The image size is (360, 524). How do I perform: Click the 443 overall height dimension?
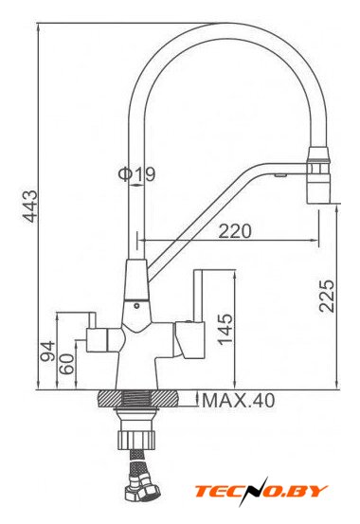tap(30, 206)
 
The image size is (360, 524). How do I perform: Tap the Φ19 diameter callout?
tap(136, 174)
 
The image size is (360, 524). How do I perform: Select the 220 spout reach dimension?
tap(235, 231)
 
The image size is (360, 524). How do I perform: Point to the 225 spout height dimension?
tap(326, 296)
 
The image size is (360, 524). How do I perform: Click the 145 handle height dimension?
tap(225, 329)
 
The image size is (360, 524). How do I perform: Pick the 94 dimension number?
tap(47, 351)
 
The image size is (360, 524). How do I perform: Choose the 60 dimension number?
tap(66, 364)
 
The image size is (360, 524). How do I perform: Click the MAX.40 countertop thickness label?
tap(239, 401)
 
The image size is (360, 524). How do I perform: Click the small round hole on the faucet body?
tap(136, 305)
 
